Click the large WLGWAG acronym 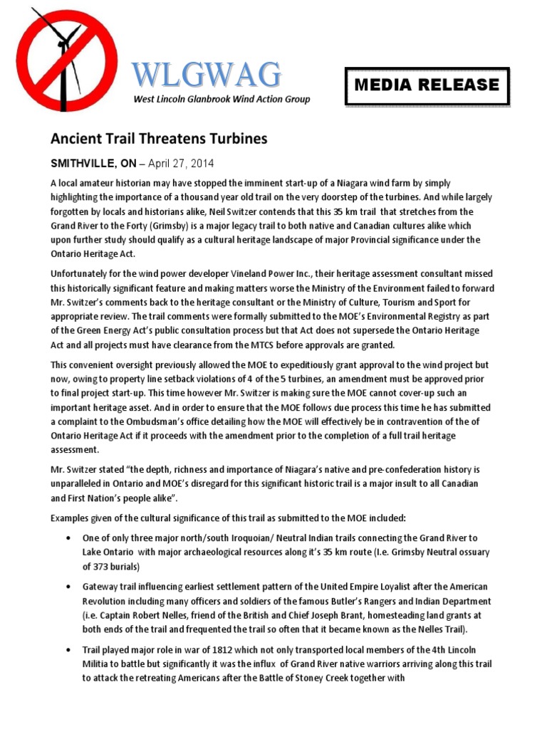click(207, 74)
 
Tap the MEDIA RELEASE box click(427, 86)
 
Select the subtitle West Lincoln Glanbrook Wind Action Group click(222, 100)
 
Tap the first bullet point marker click(68, 537)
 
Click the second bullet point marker click(68, 587)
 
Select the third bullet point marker click(68, 651)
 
